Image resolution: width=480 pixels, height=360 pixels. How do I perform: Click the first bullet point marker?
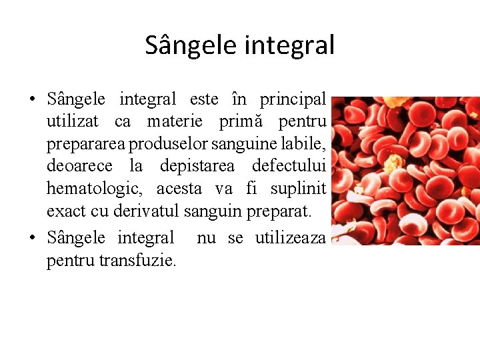click(31, 101)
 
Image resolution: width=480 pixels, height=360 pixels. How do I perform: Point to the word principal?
click(293, 99)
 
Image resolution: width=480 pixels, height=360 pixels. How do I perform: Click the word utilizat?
click(73, 121)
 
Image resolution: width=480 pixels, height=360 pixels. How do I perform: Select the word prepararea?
click(86, 144)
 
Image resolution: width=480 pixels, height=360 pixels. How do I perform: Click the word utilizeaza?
click(290, 238)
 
